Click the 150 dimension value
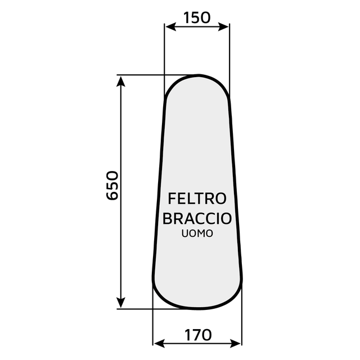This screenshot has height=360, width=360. (197, 17)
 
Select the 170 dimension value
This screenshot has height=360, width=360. (198, 335)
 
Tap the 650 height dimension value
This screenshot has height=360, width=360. (112, 185)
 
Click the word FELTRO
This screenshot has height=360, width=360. (197, 199)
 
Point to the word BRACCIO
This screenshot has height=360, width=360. (197, 218)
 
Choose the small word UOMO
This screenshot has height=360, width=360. (197, 234)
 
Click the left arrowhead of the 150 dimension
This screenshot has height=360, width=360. (170, 27)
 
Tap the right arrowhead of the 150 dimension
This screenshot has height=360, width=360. (224, 27)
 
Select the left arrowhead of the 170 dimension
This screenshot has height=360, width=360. (159, 344)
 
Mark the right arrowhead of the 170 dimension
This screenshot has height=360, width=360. (236, 344)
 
